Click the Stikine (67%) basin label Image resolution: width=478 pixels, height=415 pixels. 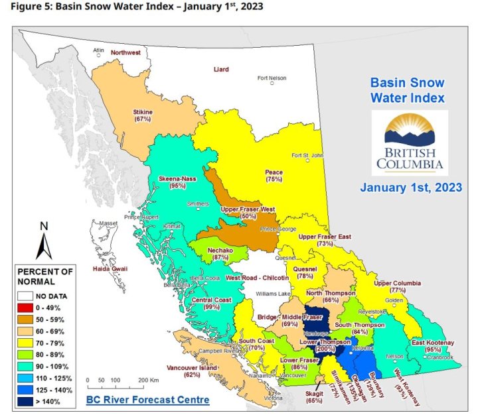[143, 116]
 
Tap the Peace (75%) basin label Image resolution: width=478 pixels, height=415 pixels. [274, 176]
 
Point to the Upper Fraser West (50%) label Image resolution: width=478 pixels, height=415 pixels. [248, 213]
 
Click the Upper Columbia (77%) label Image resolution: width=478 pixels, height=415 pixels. [398, 286]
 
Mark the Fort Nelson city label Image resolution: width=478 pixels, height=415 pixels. [272, 78]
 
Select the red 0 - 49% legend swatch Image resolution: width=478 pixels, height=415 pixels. [27, 307]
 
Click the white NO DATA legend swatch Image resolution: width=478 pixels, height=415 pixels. [27, 295]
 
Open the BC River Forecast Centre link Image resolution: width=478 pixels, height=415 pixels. [147, 400]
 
